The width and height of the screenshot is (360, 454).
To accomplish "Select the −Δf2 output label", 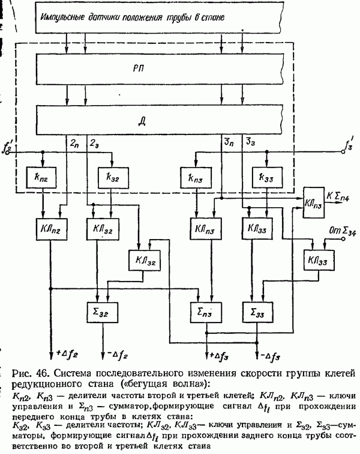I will pos(116,349).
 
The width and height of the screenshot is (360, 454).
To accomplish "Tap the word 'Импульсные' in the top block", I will pos(62,18).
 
